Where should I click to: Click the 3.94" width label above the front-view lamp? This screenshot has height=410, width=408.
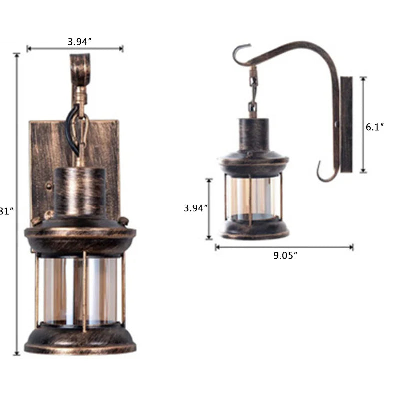(79, 42)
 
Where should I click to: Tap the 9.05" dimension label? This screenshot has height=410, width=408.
(285, 256)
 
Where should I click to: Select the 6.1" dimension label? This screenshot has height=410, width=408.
(374, 127)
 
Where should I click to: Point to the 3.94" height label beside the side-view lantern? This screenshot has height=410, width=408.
(195, 208)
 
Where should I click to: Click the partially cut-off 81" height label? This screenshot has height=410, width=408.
(5, 211)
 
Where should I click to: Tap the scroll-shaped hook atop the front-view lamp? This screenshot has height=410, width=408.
(80, 70)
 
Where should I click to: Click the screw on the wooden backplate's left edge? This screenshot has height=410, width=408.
(49, 186)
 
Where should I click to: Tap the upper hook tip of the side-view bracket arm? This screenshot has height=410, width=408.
(240, 50)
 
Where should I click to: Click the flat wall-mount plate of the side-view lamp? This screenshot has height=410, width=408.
(346, 125)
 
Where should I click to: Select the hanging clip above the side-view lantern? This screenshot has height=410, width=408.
(253, 90)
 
